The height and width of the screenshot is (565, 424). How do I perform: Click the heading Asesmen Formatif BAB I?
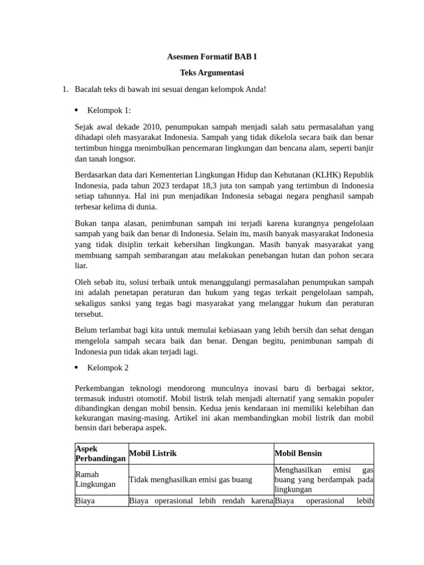211,57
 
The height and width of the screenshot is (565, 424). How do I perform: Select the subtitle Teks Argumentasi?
211,72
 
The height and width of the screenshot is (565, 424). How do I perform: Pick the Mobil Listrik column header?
152,453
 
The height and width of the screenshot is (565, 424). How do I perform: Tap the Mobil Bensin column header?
298,453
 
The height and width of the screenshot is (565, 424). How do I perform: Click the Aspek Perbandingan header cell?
100,454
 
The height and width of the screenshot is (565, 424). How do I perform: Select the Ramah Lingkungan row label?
96,479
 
